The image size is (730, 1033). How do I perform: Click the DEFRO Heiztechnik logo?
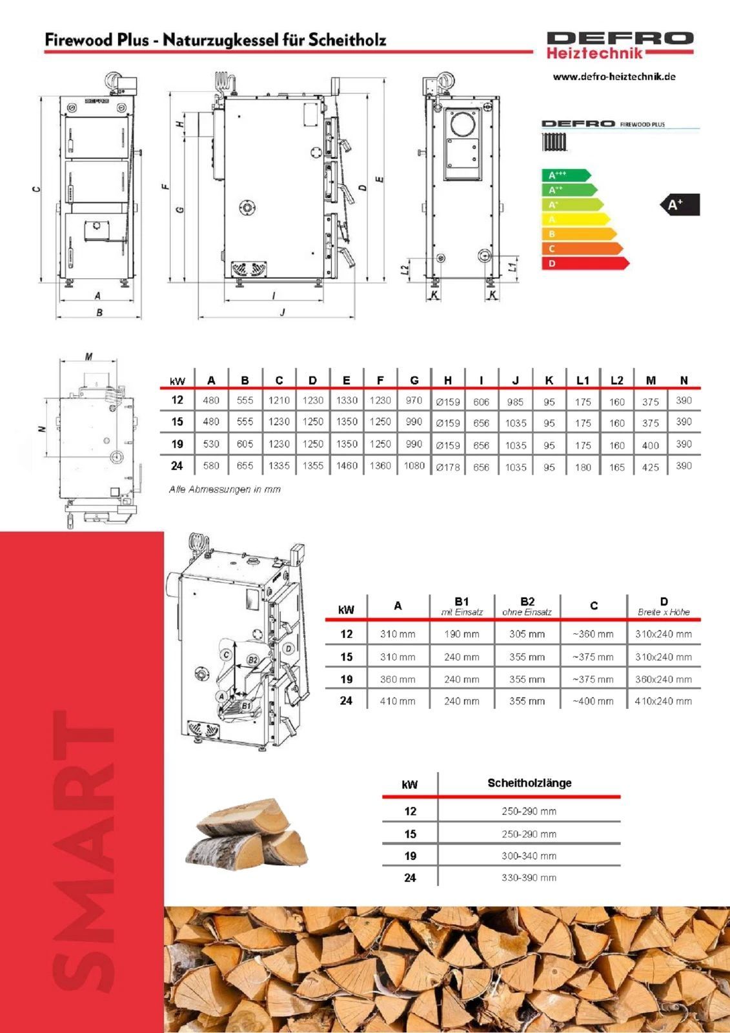pos(620,45)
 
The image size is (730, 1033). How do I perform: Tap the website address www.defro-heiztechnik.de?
pos(614,77)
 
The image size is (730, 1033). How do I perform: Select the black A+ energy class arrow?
pos(679,205)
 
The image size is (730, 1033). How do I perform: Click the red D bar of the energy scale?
pos(585,263)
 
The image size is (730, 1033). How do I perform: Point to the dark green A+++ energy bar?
pos(566,175)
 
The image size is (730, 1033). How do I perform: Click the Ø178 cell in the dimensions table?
pos(448,467)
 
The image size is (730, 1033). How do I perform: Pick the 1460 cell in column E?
pos(347,465)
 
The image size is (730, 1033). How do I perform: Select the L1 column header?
pos(583,380)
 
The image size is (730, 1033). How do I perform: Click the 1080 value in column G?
pos(414,465)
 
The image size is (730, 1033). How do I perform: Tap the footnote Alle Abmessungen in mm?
pos(225,489)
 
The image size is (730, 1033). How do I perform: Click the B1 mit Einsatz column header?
pos(461,606)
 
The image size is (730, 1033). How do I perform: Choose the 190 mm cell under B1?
pos(461,634)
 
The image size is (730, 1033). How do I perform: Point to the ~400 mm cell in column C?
pos(593,701)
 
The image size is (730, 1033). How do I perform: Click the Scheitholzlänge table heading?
pos(529,782)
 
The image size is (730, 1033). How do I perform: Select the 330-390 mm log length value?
pos(529,877)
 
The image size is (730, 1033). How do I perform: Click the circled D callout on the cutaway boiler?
pos(289,649)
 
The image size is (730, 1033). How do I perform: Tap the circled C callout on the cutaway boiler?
pos(226,655)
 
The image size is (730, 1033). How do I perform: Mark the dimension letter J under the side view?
pos(283,312)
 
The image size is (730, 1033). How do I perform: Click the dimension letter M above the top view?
pos(88,356)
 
